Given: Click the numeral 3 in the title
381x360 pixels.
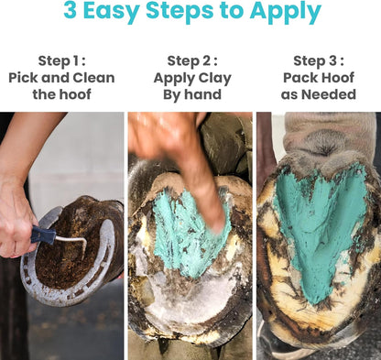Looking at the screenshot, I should click(71, 13).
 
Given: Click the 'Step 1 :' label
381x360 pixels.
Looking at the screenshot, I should click(61, 60).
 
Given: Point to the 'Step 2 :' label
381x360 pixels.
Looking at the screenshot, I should click(191, 60).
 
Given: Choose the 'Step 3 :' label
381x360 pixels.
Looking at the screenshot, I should click(319, 60).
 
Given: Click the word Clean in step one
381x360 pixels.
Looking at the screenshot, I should click(93, 77).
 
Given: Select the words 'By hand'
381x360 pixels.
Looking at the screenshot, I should click(191, 93).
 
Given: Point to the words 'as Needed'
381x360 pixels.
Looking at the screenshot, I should click(319, 93).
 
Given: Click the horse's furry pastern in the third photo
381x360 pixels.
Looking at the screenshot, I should click(321, 133).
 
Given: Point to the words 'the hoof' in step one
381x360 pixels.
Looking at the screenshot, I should click(61, 93).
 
